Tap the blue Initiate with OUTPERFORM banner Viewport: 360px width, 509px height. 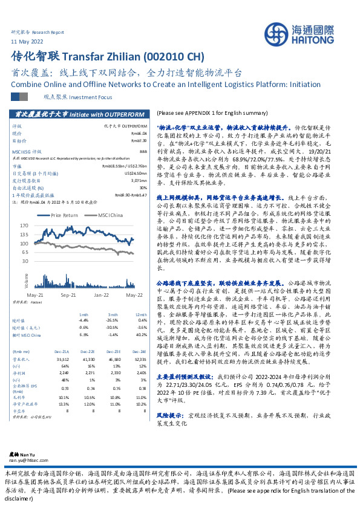[x=79, y=114]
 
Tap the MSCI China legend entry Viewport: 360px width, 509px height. [x=109, y=215]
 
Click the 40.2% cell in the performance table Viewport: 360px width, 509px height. [x=141, y=334]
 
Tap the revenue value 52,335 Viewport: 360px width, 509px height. [x=140, y=359]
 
